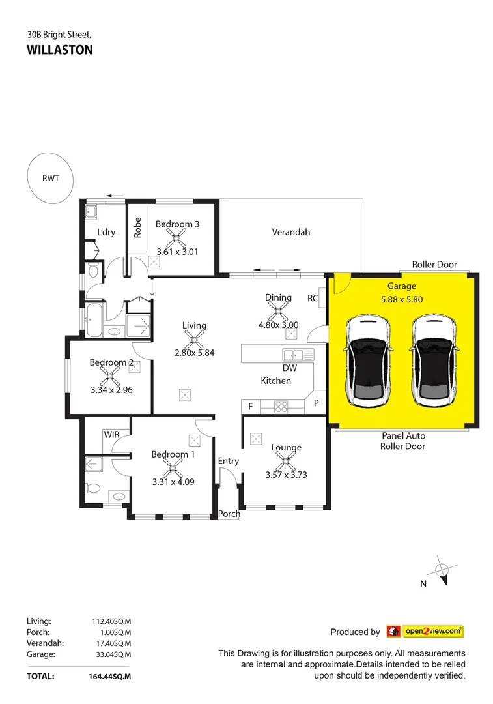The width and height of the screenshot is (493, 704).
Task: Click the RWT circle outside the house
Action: (x=49, y=177)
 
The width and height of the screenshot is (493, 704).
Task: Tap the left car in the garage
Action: (x=369, y=360)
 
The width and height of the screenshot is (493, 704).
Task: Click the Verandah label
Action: (x=290, y=232)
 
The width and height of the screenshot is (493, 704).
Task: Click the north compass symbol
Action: (x=441, y=571)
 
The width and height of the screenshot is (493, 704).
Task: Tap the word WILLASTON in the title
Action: (x=60, y=50)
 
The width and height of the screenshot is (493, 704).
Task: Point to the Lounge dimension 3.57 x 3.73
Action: (x=286, y=475)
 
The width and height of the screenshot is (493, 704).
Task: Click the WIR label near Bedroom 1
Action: (x=111, y=434)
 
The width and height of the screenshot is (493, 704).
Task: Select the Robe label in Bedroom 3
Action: (x=137, y=226)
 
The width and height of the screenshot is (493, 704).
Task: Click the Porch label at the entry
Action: (x=229, y=514)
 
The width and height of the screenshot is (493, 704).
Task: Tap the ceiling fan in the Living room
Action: (x=194, y=339)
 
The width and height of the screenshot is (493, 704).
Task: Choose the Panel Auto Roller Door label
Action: (x=402, y=441)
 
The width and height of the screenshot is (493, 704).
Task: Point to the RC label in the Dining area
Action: (x=312, y=298)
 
